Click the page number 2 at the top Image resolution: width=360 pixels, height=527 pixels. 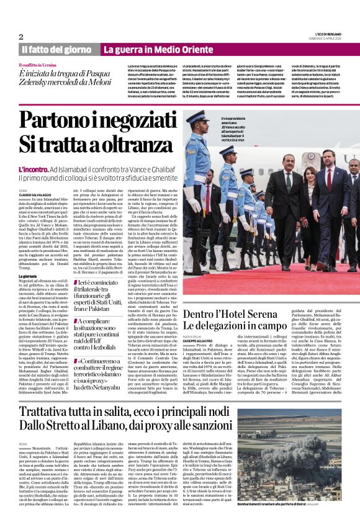(21, 37)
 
